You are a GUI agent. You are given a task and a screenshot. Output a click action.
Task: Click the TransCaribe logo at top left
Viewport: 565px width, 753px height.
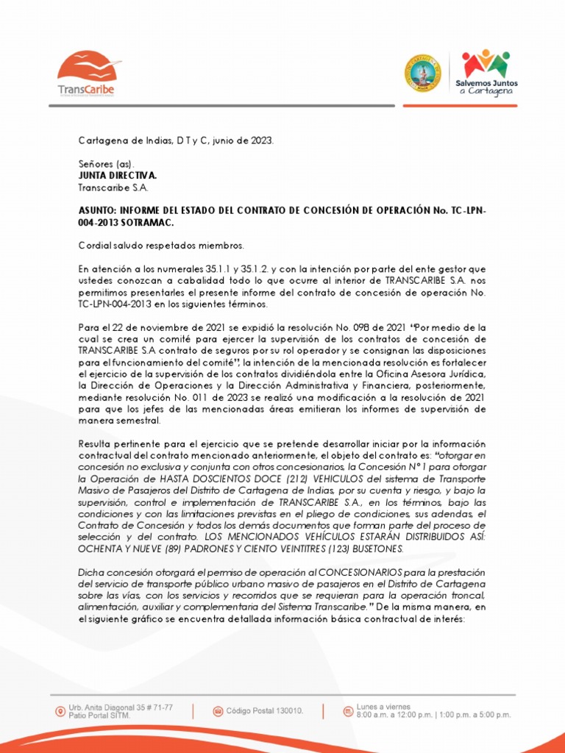[86, 74]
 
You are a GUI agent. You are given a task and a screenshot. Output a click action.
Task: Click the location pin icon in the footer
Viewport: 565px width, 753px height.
[59, 711]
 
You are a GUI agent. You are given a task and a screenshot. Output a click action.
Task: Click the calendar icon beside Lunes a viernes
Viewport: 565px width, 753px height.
[347, 711]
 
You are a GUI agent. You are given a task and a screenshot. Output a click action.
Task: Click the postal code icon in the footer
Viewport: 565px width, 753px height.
[218, 711]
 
